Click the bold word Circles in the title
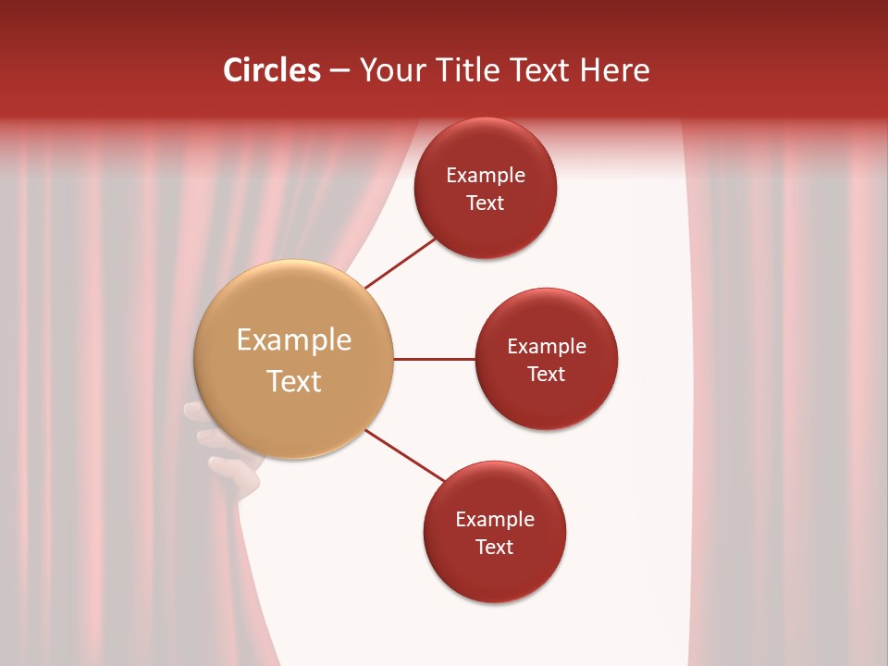click(x=271, y=70)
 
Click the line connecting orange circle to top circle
click(x=401, y=263)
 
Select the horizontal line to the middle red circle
click(x=434, y=359)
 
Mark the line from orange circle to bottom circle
click(x=405, y=456)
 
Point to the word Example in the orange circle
click(x=293, y=340)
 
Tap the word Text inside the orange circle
click(x=293, y=381)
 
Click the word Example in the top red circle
click(x=485, y=176)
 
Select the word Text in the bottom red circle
click(x=494, y=548)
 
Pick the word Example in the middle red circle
click(x=546, y=347)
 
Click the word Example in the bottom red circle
click(x=494, y=520)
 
